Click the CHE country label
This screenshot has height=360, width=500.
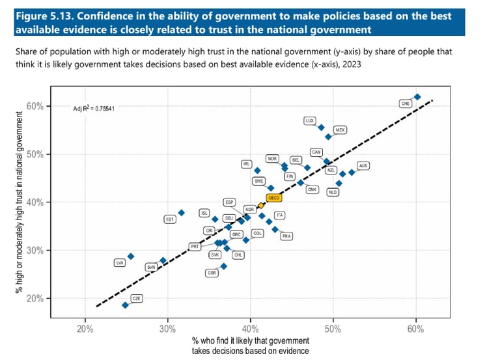[406, 103]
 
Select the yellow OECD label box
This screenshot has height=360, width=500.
[273, 198]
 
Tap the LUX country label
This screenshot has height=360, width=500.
[310, 120]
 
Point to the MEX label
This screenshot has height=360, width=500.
[340, 130]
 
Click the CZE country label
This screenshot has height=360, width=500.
[137, 298]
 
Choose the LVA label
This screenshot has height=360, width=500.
[119, 263]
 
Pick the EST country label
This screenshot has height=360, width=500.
[170, 219]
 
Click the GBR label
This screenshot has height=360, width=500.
[212, 273]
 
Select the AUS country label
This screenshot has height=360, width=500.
[363, 166]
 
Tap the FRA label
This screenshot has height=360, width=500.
[286, 236]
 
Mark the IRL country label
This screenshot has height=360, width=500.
[246, 164]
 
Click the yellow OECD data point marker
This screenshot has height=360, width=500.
[260, 206]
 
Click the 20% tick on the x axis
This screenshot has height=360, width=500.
[85, 327]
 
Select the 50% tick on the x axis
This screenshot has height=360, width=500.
[333, 327]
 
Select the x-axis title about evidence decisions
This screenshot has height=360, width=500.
[251, 345]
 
